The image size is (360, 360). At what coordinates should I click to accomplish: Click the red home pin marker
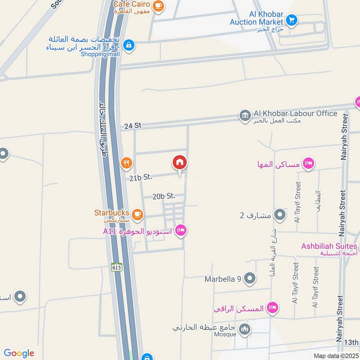[180, 163]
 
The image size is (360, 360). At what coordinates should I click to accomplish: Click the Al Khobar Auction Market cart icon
[292, 20]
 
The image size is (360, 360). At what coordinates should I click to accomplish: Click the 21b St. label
[140, 178]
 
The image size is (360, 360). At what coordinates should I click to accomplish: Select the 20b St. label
[163, 196]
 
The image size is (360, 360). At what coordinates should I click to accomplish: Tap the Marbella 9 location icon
[249, 279]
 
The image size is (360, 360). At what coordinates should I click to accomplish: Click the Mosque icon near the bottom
[245, 330]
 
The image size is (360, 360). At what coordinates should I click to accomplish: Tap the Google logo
[19, 353]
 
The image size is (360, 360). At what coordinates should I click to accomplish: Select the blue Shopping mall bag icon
[129, 45]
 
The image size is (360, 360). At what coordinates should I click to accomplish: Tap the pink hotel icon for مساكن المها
[308, 163]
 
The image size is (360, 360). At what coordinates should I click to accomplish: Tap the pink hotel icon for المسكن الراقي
[272, 308]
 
